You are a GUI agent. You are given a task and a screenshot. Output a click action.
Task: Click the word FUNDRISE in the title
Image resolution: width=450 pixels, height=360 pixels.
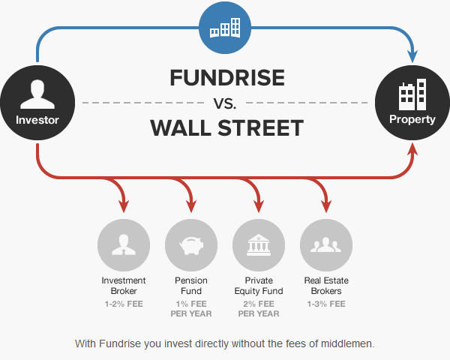[x=227, y=77]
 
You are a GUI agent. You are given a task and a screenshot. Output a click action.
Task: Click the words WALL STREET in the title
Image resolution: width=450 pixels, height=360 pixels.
[x=226, y=127]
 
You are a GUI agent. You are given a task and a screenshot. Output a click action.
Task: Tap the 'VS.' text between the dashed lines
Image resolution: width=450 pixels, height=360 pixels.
[x=225, y=103]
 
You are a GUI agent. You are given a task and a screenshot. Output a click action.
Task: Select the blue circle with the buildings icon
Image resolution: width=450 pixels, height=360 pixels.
[x=225, y=28]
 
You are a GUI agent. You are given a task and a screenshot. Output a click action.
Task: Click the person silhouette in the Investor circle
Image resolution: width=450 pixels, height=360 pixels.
[x=37, y=94]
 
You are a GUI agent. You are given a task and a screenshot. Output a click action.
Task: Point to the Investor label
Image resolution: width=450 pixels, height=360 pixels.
[x=37, y=120]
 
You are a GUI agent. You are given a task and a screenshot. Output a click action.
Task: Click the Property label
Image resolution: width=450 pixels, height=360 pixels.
[x=412, y=119]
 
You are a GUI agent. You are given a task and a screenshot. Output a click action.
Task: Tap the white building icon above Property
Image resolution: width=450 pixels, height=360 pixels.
[x=412, y=94]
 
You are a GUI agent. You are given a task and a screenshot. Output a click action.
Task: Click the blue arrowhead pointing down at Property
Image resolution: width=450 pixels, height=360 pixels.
[x=412, y=56]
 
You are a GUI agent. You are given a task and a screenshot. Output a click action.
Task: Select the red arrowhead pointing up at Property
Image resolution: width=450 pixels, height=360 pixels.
[x=412, y=149]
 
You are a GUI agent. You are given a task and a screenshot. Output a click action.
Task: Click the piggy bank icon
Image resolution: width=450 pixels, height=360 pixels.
[x=191, y=246]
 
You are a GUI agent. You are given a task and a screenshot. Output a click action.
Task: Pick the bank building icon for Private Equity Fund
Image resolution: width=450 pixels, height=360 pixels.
[x=259, y=245]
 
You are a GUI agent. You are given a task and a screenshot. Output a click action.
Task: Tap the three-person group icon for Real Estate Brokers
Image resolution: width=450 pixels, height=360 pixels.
[x=326, y=245]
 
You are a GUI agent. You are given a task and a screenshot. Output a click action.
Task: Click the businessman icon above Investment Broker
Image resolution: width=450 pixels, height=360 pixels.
[x=124, y=244]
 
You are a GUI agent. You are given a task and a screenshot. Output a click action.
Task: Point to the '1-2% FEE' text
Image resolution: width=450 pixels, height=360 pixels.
[x=124, y=304]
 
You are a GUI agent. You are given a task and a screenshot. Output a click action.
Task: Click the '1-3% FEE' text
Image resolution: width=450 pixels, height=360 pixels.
[x=326, y=304]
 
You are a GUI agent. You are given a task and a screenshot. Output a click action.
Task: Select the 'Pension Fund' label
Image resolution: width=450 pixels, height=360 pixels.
[x=191, y=286]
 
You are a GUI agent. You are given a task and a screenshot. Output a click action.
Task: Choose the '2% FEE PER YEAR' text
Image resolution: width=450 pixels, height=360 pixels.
[x=259, y=308]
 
